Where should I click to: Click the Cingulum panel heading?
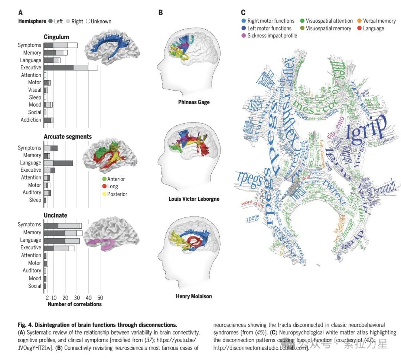pos(56,37)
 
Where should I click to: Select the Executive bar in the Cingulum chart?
pos(71,68)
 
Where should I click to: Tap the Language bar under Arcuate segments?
pos(58,163)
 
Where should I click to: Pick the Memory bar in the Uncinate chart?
pos(63,233)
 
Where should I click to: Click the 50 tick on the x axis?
pos(100,298)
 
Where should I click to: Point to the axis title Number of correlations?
pos(75,304)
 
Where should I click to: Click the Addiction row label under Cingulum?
pos(31,120)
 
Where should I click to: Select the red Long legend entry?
pos(113,186)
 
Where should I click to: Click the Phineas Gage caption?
pos(194,102)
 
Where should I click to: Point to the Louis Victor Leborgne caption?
pos(194,199)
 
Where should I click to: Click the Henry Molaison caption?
pos(194,297)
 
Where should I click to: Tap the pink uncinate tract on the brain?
pos(100,244)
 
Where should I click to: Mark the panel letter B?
pos(160,13)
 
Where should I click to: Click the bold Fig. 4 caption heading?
pos(97,325)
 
